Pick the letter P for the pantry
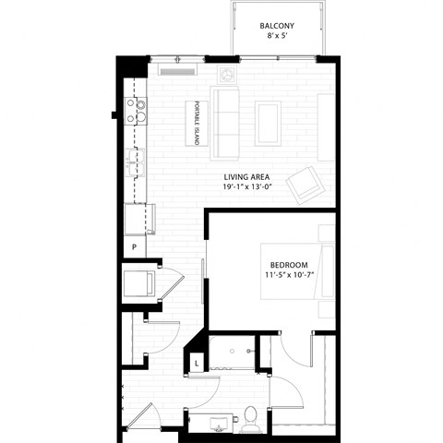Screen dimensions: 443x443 135,247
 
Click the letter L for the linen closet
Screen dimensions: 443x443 197,364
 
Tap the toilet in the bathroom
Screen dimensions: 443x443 250,422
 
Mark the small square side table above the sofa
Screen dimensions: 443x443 227,73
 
